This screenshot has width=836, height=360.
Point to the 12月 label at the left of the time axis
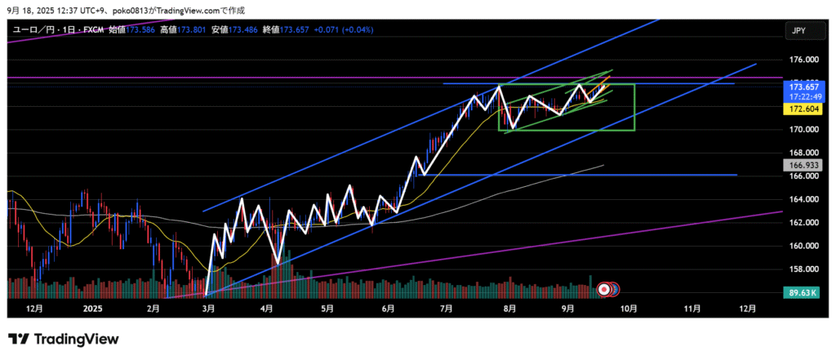[34, 309]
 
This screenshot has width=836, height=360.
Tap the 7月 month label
[446, 309]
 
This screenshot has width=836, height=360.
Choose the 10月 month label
[628, 309]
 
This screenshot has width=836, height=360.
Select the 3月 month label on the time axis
[208, 309]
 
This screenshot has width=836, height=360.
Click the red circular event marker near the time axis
[605, 288]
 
